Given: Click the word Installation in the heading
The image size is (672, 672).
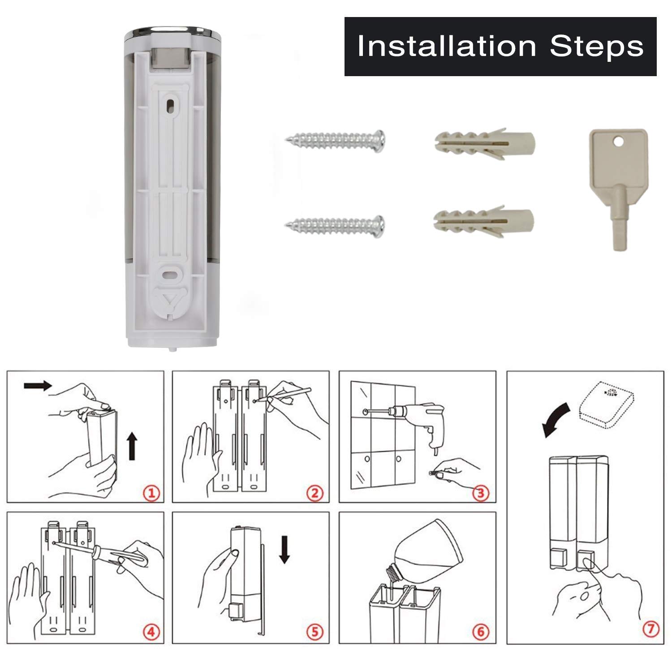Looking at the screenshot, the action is (x=447, y=46).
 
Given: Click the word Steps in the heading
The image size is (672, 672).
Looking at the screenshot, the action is (x=597, y=46).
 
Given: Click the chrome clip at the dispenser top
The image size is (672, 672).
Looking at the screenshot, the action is (x=169, y=60).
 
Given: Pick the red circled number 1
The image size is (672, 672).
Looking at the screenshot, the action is (x=151, y=493).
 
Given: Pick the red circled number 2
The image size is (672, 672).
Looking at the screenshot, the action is (x=315, y=493).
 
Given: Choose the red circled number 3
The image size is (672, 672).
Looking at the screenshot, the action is (x=481, y=493).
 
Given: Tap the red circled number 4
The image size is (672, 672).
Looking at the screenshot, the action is (x=151, y=632).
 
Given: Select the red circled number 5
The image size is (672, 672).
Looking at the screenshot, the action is (x=315, y=632).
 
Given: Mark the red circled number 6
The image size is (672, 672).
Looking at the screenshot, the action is (x=481, y=632).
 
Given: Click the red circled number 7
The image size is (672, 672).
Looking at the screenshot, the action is (x=650, y=629).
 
